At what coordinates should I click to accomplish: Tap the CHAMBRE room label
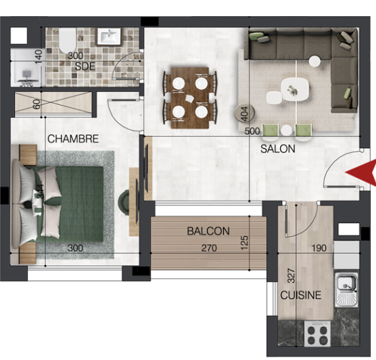point(73,139)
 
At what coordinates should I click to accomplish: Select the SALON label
point(278,149)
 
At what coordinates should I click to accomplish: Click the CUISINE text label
point(301,295)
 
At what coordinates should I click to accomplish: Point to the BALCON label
point(208,231)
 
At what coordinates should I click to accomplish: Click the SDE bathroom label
point(85,66)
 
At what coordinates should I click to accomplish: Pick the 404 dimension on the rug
point(244,114)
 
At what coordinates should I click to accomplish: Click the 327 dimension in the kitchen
point(291,276)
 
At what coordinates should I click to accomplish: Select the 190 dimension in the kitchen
point(319,248)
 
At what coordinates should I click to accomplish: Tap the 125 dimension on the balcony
point(244,243)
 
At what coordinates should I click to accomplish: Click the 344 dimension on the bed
point(41,191)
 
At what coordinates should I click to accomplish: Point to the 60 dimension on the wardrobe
point(37,104)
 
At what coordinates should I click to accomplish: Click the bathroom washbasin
point(109,37)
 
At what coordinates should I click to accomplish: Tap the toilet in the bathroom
point(68,41)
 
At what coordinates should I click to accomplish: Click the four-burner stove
point(317,334)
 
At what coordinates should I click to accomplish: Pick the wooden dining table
point(189,98)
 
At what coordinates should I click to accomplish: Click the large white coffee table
point(295,90)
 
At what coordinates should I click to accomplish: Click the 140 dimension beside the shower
point(39,57)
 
